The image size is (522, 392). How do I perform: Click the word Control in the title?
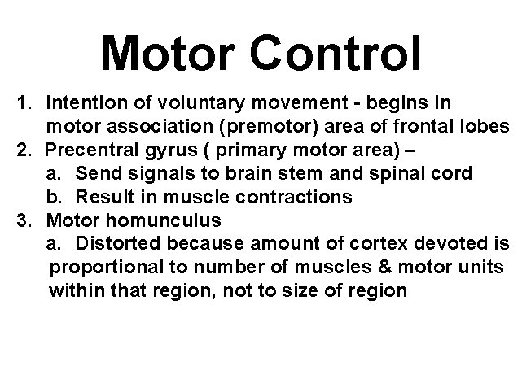point(337,53)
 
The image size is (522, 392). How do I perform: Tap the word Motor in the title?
point(168,53)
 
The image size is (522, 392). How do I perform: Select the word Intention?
point(87,104)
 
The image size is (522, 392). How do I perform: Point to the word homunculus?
point(161,220)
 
